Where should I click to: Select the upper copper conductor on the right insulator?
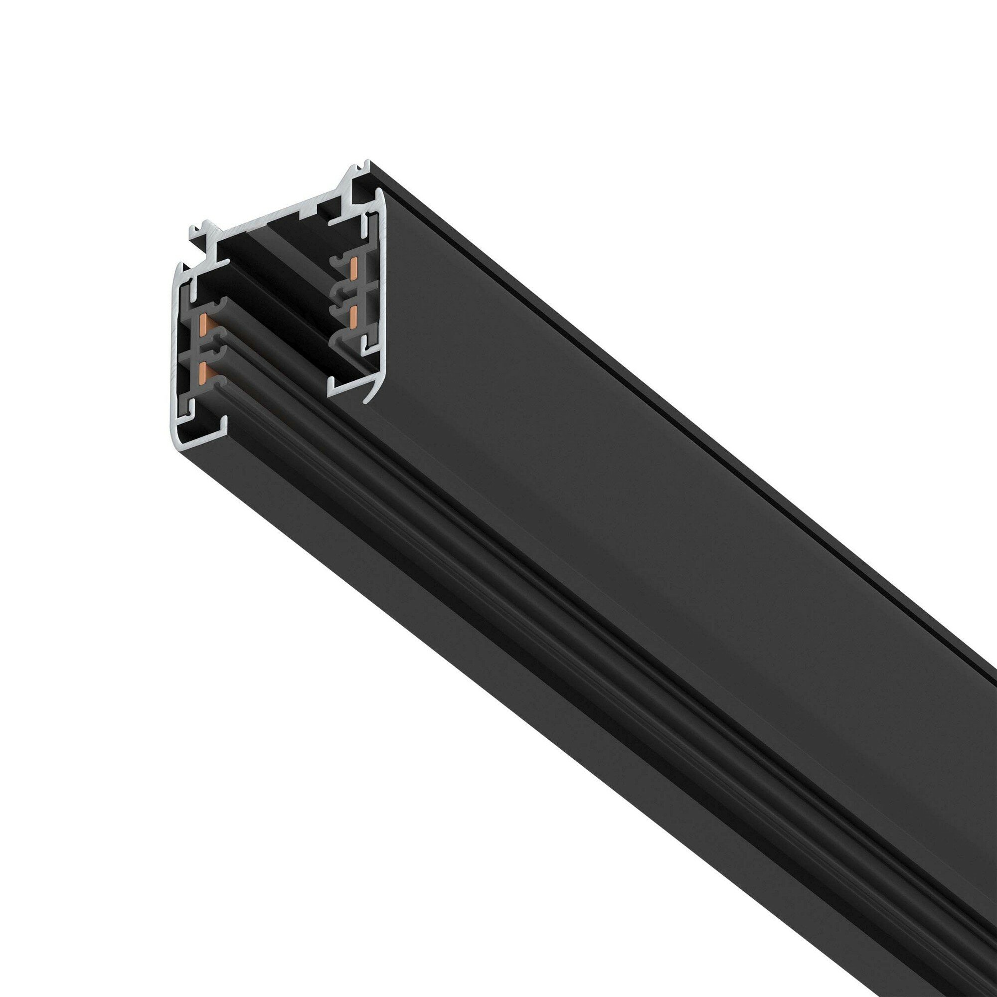[x=354, y=269]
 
